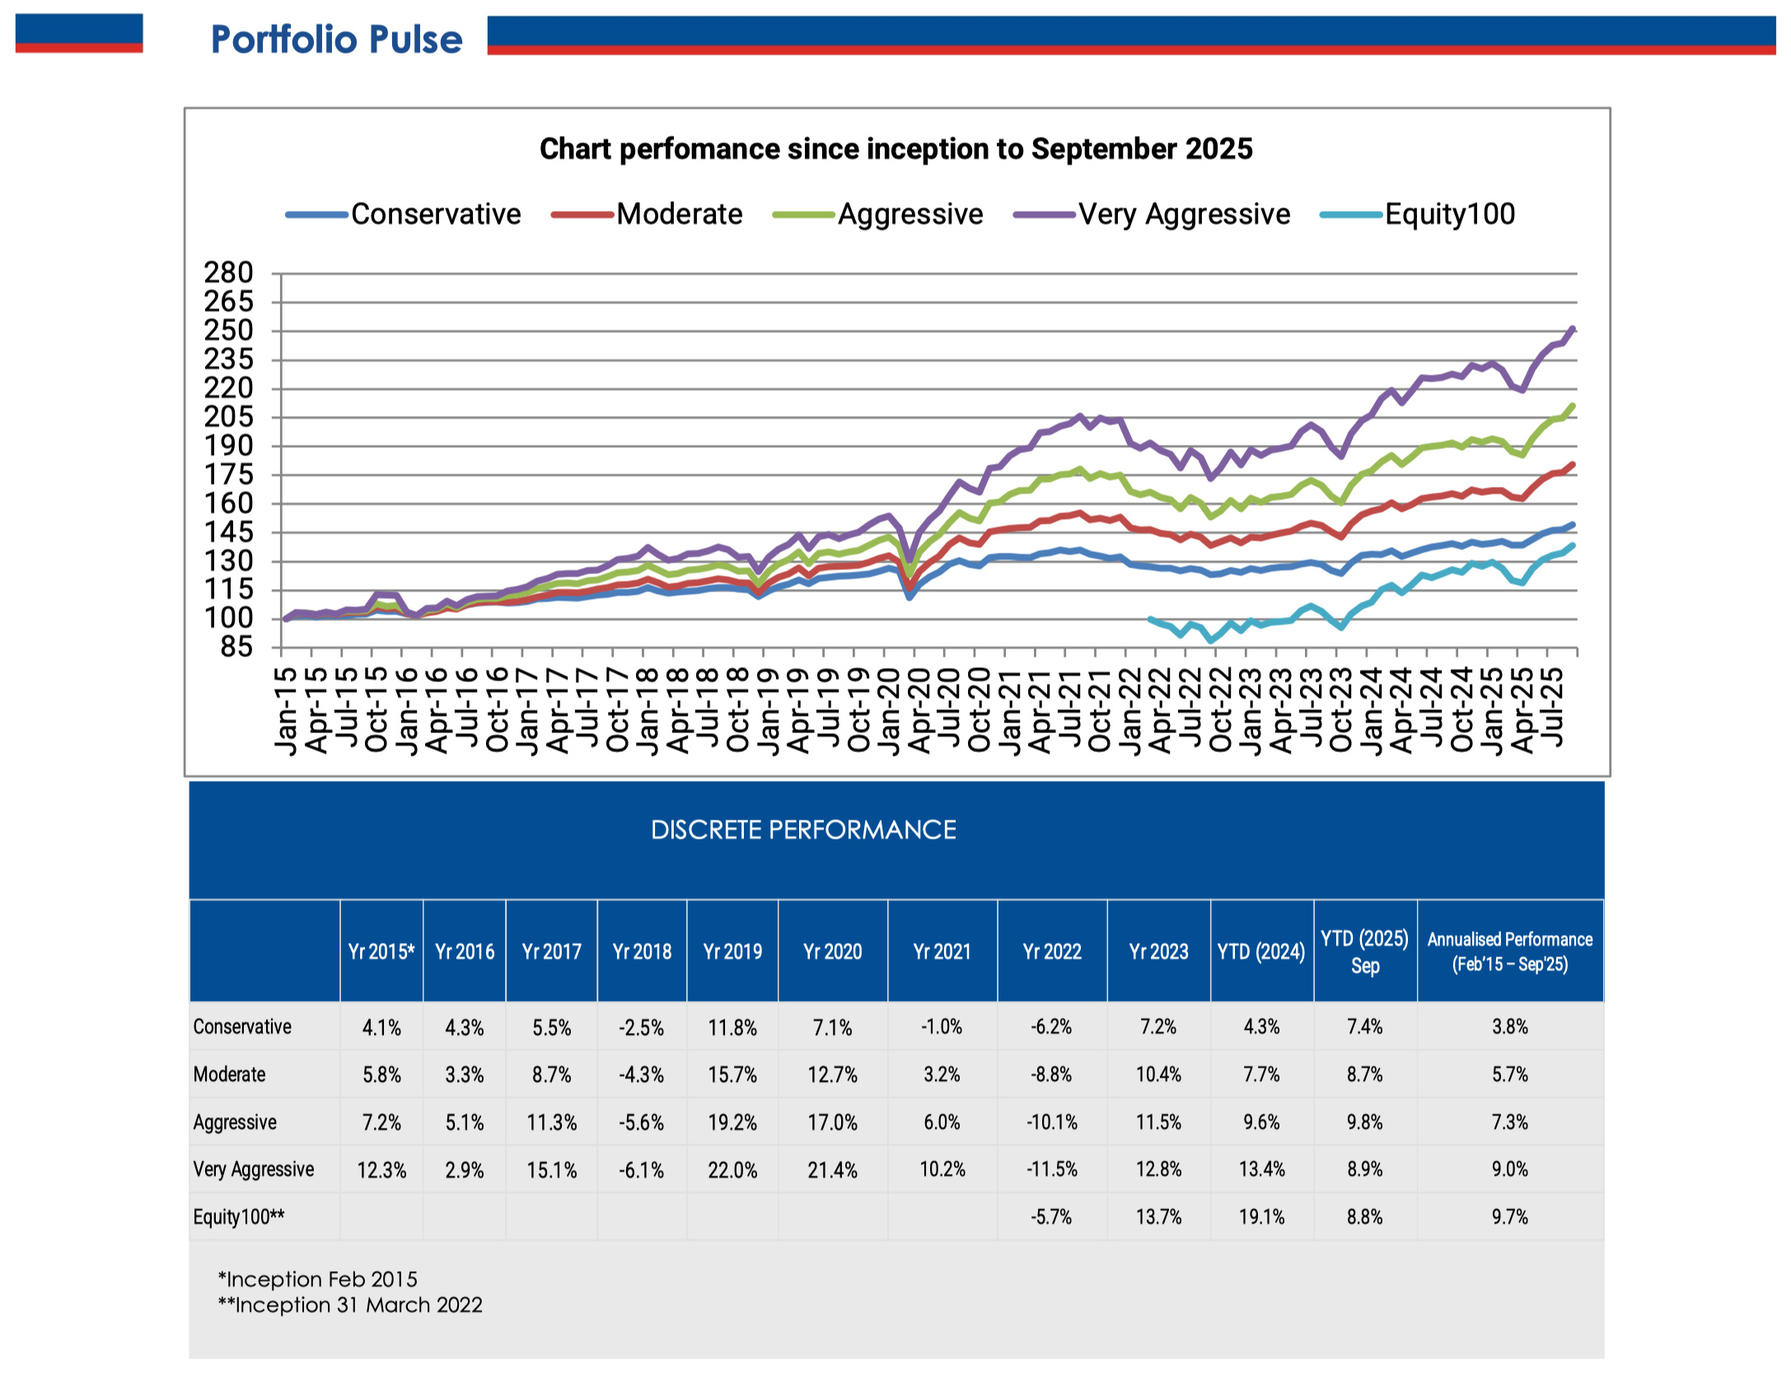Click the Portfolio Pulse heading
pyautogui.click(x=336, y=40)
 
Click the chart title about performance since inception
pyautogui.click(x=895, y=149)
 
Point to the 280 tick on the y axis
pyautogui.click(x=228, y=273)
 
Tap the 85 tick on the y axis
pyautogui.click(x=236, y=648)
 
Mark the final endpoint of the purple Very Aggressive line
pyautogui.click(x=1573, y=330)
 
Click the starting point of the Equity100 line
pyautogui.click(x=1150, y=619)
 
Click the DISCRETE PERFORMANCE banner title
pyautogui.click(x=803, y=830)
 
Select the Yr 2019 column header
pyautogui.click(x=732, y=951)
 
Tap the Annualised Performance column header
pyautogui.click(x=1509, y=951)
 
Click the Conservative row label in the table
pyautogui.click(x=242, y=1026)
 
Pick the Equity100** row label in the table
pyautogui.click(x=239, y=1217)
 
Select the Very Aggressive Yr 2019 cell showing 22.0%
pyautogui.click(x=732, y=1170)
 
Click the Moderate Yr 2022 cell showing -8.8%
pyautogui.click(x=1051, y=1074)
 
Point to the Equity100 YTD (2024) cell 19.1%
pyautogui.click(x=1261, y=1217)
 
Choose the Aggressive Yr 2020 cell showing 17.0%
pyautogui.click(x=832, y=1122)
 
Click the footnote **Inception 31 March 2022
pyautogui.click(x=350, y=1305)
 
